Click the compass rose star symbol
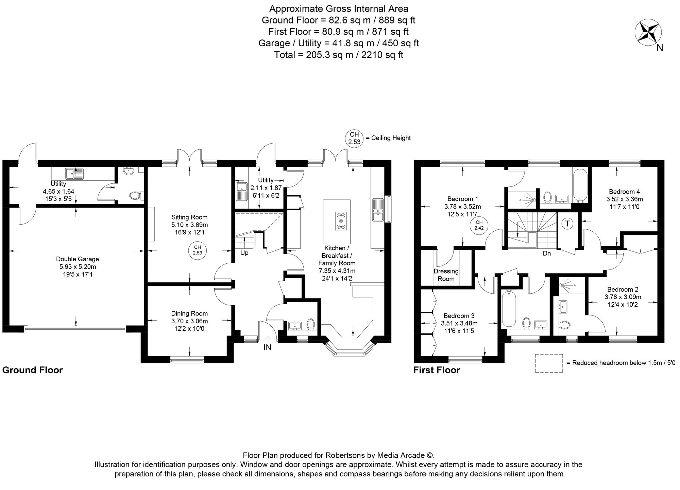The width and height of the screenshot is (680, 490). pyautogui.click(x=648, y=33)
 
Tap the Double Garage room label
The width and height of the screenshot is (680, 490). pyautogui.click(x=78, y=259)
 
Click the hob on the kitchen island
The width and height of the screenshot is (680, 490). pyautogui.click(x=341, y=221)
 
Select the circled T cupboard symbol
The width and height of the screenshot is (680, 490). pyautogui.click(x=567, y=224)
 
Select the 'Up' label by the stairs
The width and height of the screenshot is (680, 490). pyautogui.click(x=244, y=253)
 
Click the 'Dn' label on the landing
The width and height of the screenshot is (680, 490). pyautogui.click(x=547, y=254)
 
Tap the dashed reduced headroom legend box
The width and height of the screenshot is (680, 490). pyautogui.click(x=549, y=363)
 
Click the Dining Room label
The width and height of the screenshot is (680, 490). pyautogui.click(x=189, y=313)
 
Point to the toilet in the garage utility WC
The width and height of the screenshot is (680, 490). pyautogui.click(x=135, y=195)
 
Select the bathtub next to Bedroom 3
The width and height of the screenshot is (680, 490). pyautogui.click(x=509, y=308)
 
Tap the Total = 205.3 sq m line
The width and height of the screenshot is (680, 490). pyautogui.click(x=339, y=55)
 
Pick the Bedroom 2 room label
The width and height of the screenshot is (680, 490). pyautogui.click(x=623, y=290)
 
